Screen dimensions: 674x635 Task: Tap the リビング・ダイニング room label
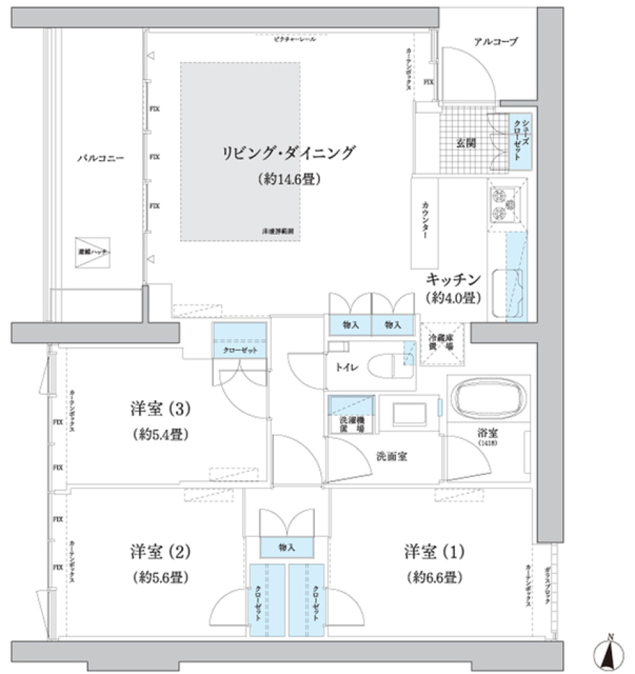click(x=288, y=153)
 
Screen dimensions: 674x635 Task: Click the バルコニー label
click(x=101, y=158)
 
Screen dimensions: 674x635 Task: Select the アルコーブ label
click(x=495, y=42)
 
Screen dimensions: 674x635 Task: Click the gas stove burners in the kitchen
click(x=505, y=204)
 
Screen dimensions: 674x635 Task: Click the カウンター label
click(x=425, y=220)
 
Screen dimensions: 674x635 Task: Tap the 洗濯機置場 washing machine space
click(x=350, y=415)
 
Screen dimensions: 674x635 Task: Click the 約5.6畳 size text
click(x=161, y=577)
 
